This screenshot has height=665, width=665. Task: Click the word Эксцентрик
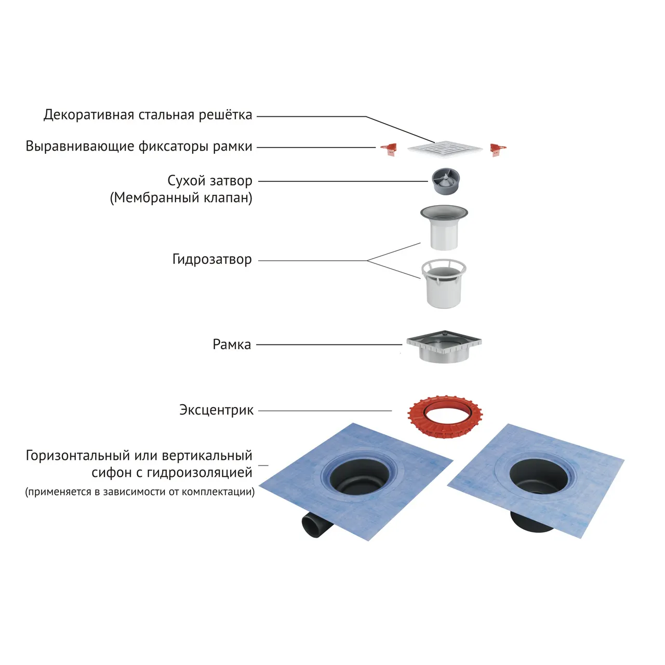(x=216, y=410)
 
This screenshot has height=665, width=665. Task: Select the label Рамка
(x=232, y=344)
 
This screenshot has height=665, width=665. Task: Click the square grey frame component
(x=444, y=345)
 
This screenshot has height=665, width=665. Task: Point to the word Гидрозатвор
(x=212, y=259)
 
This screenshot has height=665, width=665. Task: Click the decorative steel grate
(x=445, y=149)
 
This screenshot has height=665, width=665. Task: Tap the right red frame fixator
(x=497, y=150)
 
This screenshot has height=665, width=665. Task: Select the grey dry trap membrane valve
(x=445, y=181)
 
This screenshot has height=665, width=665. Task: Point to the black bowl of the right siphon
(x=535, y=477)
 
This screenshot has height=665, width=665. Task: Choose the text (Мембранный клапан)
(x=181, y=198)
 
